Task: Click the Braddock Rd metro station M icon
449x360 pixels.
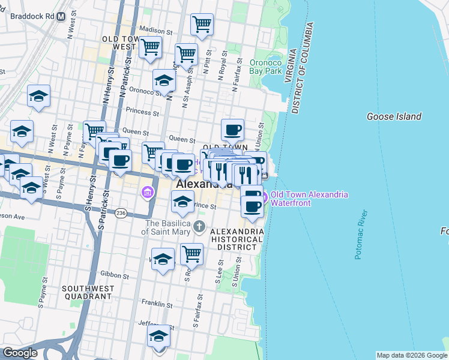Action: [61, 17]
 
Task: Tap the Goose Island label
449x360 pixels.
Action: [394, 116]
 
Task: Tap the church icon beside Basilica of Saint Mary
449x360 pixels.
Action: [200, 227]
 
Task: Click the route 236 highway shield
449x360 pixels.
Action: [121, 214]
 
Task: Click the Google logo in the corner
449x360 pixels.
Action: [20, 353]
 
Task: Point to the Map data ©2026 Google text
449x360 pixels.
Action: [411, 355]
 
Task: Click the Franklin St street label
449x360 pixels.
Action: [157, 305]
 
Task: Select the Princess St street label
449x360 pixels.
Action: [143, 112]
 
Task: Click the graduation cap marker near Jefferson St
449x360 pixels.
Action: [159, 336]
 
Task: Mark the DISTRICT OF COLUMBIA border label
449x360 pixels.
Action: [303, 69]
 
